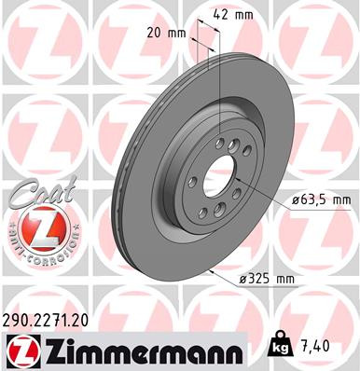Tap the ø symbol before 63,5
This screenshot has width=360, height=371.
294,199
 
